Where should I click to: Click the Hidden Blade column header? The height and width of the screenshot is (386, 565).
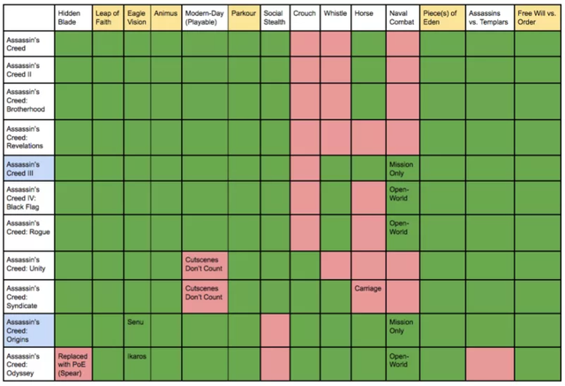73,19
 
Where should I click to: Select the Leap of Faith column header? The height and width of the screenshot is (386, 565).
108,19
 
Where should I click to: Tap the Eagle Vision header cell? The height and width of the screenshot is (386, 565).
137,19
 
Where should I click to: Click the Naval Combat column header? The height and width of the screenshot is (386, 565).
402,19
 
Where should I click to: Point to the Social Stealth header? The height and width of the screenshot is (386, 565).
275,19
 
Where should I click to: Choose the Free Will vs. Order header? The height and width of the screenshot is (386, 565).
536,19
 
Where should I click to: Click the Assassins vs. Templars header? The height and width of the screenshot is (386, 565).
489,19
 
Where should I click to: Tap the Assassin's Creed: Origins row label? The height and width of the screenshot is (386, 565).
28,330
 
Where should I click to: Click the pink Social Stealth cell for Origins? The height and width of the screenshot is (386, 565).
275,330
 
